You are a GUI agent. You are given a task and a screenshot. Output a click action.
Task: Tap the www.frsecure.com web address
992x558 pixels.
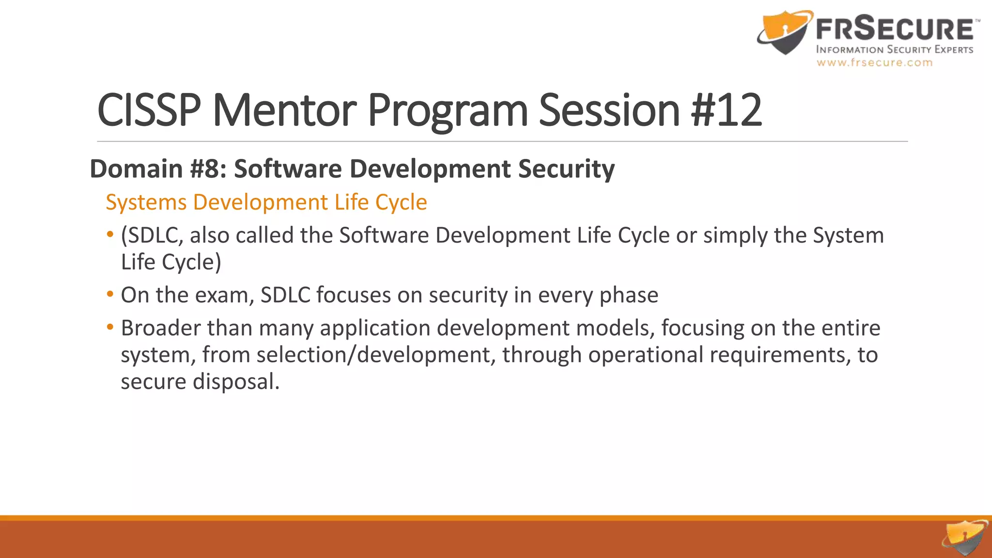point(874,62)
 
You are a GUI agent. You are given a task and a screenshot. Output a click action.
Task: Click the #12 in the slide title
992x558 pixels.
point(727,110)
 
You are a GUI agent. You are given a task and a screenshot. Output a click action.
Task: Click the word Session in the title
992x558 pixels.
point(609,110)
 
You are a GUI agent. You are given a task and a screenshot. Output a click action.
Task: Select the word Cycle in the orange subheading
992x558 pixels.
point(401,202)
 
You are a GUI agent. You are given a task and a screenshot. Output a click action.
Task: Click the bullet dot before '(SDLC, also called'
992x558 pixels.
point(110,235)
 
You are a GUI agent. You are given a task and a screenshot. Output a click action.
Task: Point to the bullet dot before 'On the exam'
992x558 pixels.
point(110,294)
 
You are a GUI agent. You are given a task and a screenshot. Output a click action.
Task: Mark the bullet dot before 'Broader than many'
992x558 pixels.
point(110,327)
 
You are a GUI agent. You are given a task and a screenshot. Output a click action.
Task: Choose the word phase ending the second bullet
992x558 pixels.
point(629,295)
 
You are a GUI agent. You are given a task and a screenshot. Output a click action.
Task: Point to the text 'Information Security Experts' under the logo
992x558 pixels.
point(894,49)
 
